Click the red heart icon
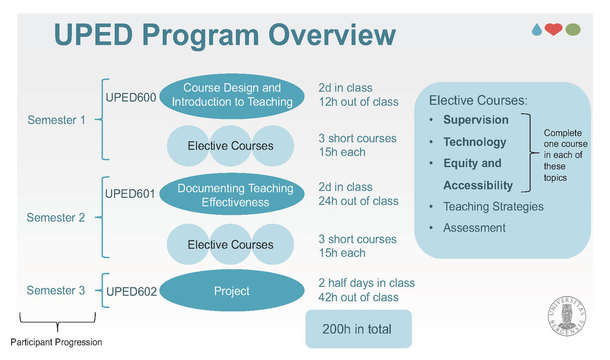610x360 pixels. (x=553, y=30)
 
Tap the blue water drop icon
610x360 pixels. (x=537, y=30)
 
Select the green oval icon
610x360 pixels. (x=573, y=30)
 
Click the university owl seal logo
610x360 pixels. (x=567, y=316)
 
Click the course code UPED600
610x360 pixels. (x=131, y=97)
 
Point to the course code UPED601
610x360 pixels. (x=130, y=194)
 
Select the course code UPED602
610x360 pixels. (x=132, y=291)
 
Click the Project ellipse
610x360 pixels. (x=232, y=291)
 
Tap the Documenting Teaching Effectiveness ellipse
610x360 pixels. (x=232, y=194)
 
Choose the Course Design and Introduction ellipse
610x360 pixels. (x=232, y=96)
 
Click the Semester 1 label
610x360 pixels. (x=56, y=120)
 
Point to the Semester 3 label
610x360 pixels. (x=56, y=290)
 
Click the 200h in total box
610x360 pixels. (x=359, y=329)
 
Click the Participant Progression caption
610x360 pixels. (x=56, y=342)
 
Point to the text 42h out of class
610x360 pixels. (x=358, y=297)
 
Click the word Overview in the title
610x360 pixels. (x=332, y=35)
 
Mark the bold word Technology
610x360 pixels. (x=475, y=142)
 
